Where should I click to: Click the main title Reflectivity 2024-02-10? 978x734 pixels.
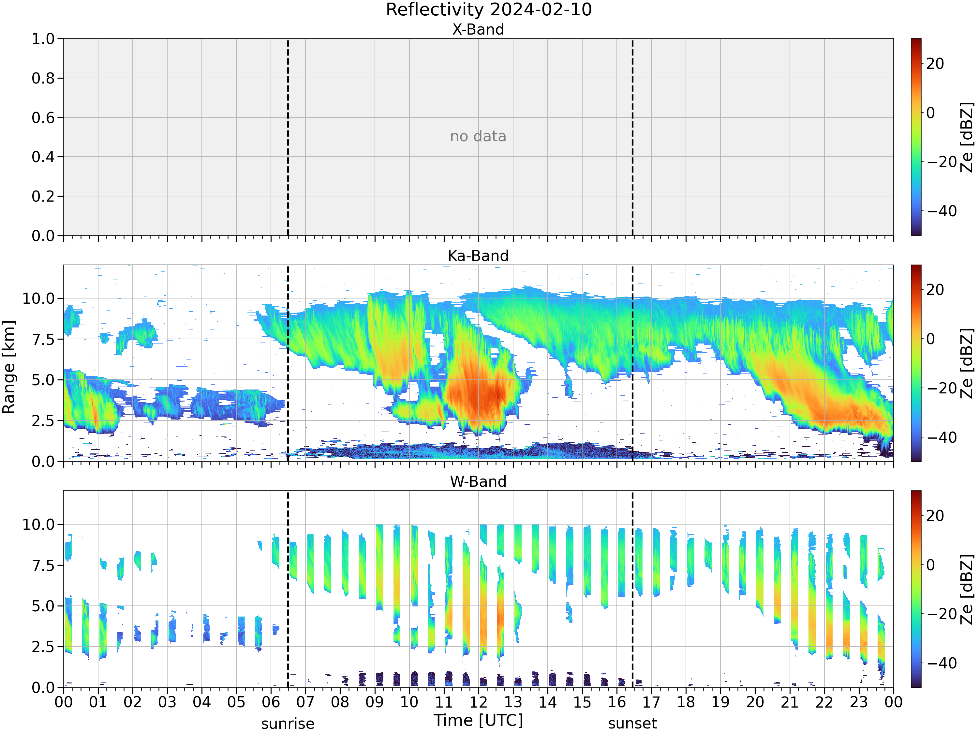(489, 10)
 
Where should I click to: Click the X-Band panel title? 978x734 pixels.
(478, 29)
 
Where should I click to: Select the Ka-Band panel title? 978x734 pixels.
(478, 256)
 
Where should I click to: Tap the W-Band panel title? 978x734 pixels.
(478, 482)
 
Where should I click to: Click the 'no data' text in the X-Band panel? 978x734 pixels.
(478, 136)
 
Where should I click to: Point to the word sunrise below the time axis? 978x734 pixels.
(288, 724)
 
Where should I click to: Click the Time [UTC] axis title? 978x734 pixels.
(478, 720)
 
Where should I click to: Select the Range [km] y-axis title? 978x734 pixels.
(9, 367)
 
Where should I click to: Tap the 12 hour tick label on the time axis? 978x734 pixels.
(478, 702)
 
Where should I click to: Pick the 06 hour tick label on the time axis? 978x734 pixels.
(271, 702)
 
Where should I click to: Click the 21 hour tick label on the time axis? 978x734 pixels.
(790, 702)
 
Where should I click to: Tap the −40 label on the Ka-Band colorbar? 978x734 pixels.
(942, 437)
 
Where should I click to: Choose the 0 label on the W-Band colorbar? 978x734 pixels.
(931, 565)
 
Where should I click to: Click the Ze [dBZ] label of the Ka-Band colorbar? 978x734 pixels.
(967, 363)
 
